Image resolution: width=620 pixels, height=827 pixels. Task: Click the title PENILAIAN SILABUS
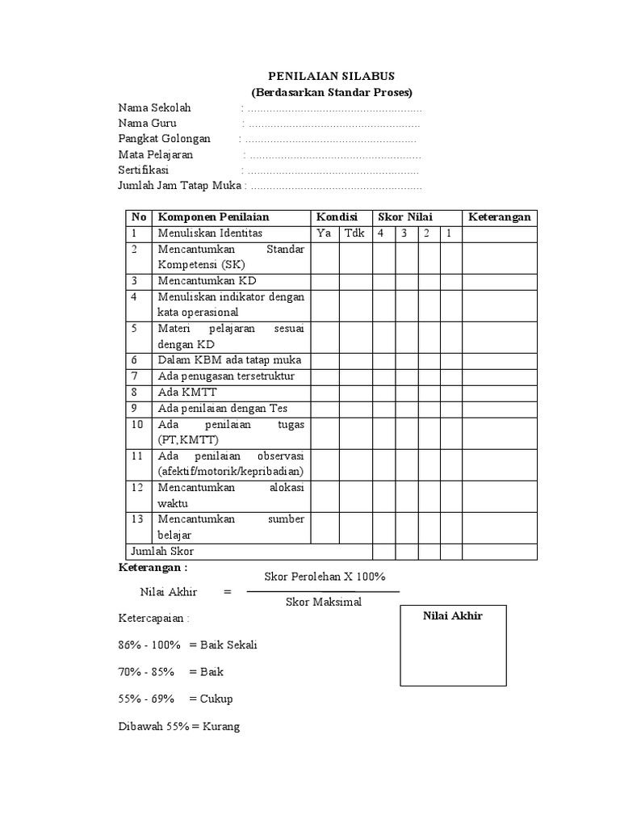tap(331, 76)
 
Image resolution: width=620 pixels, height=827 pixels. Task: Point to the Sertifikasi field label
tap(149, 170)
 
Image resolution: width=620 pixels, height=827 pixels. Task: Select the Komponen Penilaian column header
tap(213, 217)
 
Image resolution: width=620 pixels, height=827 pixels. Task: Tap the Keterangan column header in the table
tap(499, 217)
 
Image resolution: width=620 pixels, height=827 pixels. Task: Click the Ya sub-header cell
tap(325, 233)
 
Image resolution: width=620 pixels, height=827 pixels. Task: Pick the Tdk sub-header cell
tap(354, 233)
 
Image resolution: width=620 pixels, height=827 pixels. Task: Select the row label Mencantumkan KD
tap(207, 280)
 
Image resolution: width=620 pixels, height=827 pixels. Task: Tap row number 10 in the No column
tap(138, 424)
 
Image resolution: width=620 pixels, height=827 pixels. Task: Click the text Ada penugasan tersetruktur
tap(227, 376)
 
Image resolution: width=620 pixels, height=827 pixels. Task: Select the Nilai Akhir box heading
tap(453, 616)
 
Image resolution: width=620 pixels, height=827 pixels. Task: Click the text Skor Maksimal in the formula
tap(324, 602)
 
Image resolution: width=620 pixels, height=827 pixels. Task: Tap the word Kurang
tap(222, 727)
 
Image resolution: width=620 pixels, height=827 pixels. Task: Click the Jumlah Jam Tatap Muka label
tap(179, 187)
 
